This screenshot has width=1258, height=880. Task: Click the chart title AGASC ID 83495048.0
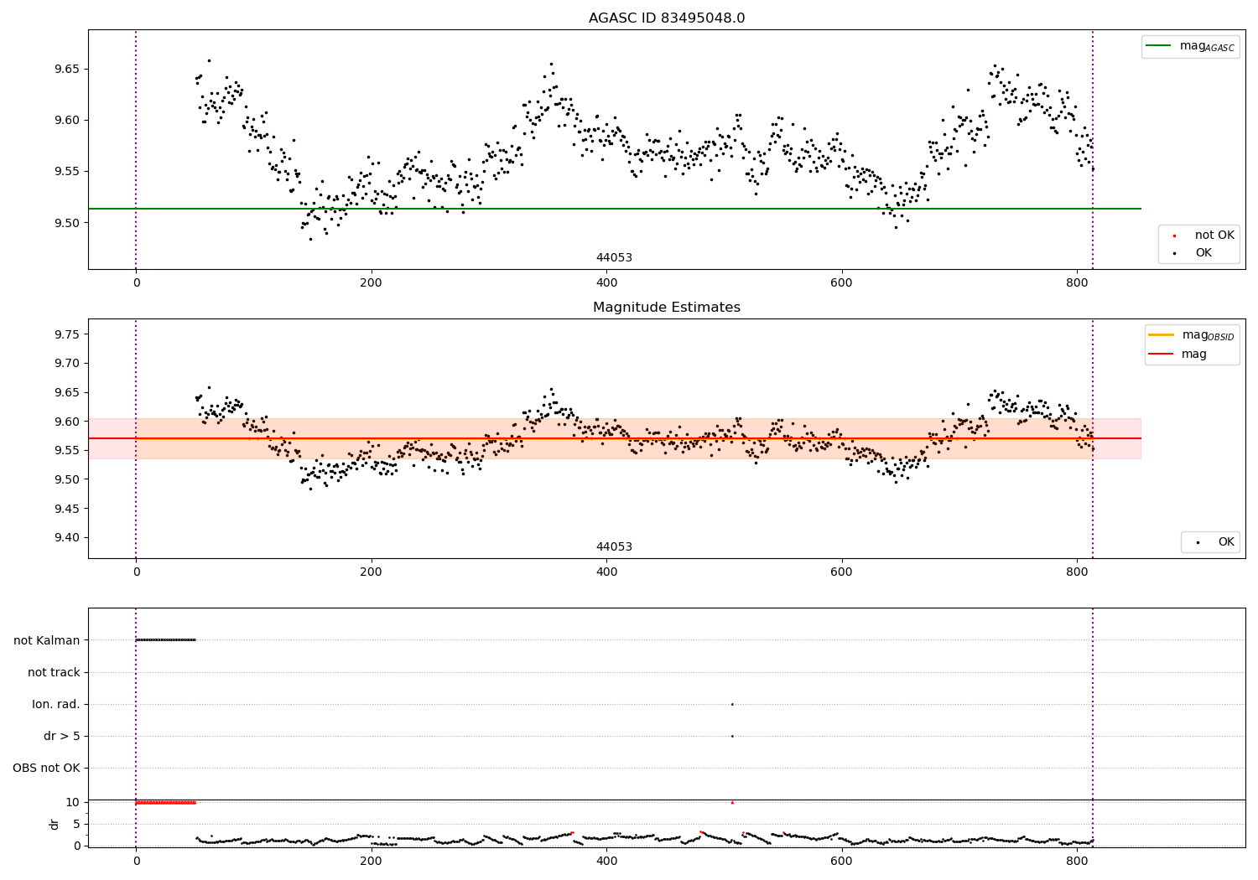click(x=666, y=18)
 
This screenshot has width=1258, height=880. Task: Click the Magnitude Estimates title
click(x=666, y=308)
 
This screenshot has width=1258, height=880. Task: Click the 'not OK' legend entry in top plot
click(x=1214, y=236)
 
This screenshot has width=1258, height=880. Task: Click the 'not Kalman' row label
click(x=47, y=640)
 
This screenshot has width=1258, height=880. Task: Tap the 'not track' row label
click(x=54, y=672)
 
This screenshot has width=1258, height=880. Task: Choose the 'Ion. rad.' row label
click(x=56, y=704)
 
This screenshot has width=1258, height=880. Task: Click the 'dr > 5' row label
click(x=62, y=736)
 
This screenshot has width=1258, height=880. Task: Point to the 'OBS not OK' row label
click(x=46, y=768)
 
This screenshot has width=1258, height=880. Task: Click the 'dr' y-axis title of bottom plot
click(x=55, y=824)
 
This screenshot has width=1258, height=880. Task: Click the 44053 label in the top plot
click(x=614, y=258)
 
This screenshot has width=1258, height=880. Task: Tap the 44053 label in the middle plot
click(x=614, y=547)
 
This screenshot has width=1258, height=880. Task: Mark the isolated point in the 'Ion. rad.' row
click(x=732, y=704)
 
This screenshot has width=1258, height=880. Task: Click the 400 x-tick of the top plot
click(x=606, y=283)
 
